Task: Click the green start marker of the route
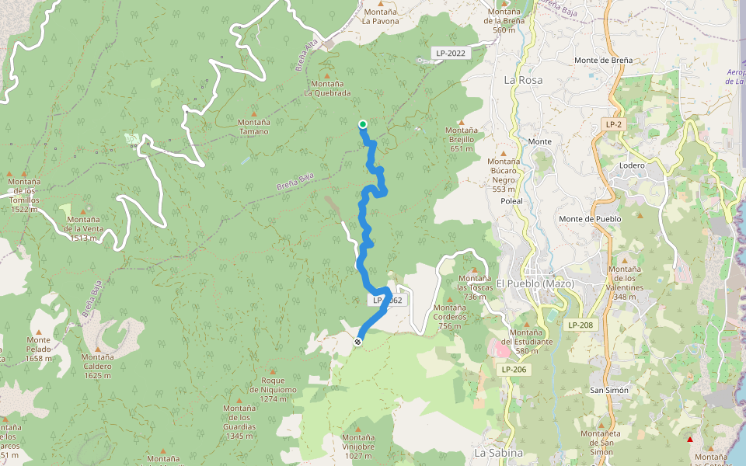(x=363, y=124)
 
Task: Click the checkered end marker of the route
(x=357, y=342)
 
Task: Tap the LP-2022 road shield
(x=451, y=54)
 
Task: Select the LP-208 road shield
(x=580, y=325)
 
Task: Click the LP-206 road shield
(x=514, y=370)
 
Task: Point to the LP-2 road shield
(x=614, y=124)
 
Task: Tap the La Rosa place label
(x=523, y=80)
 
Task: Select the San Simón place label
(x=609, y=390)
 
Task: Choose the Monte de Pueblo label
(x=590, y=219)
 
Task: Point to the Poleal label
(x=511, y=200)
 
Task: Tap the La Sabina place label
(x=498, y=453)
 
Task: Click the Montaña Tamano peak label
(x=253, y=127)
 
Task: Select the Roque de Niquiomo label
(x=273, y=384)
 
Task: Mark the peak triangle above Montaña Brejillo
(x=461, y=122)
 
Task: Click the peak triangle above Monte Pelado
(x=38, y=332)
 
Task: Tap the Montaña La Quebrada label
(x=326, y=88)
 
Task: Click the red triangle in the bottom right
(x=689, y=440)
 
